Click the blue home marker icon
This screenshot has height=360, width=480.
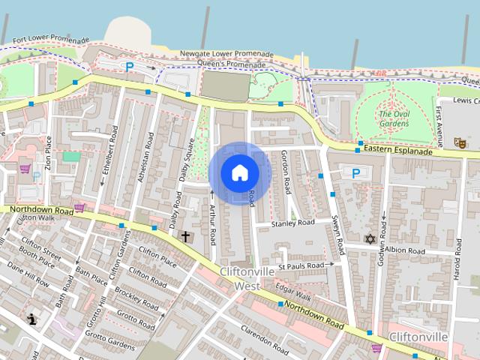239,172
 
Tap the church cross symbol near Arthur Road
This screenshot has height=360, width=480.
185,236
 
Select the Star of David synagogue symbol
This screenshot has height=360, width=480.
369,239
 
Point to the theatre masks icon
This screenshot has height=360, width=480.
459,140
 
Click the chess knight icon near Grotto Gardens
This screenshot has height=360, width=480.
31,319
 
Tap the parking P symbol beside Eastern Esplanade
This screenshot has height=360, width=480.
355,173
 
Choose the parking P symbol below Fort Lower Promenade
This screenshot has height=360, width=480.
130,67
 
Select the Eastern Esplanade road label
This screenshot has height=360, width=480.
398,151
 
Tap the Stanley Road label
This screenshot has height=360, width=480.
292,223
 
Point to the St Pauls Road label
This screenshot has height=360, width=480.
301,265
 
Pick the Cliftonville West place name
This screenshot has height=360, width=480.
240,278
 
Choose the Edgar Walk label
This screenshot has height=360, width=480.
294,288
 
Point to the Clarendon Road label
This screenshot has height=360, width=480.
265,341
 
